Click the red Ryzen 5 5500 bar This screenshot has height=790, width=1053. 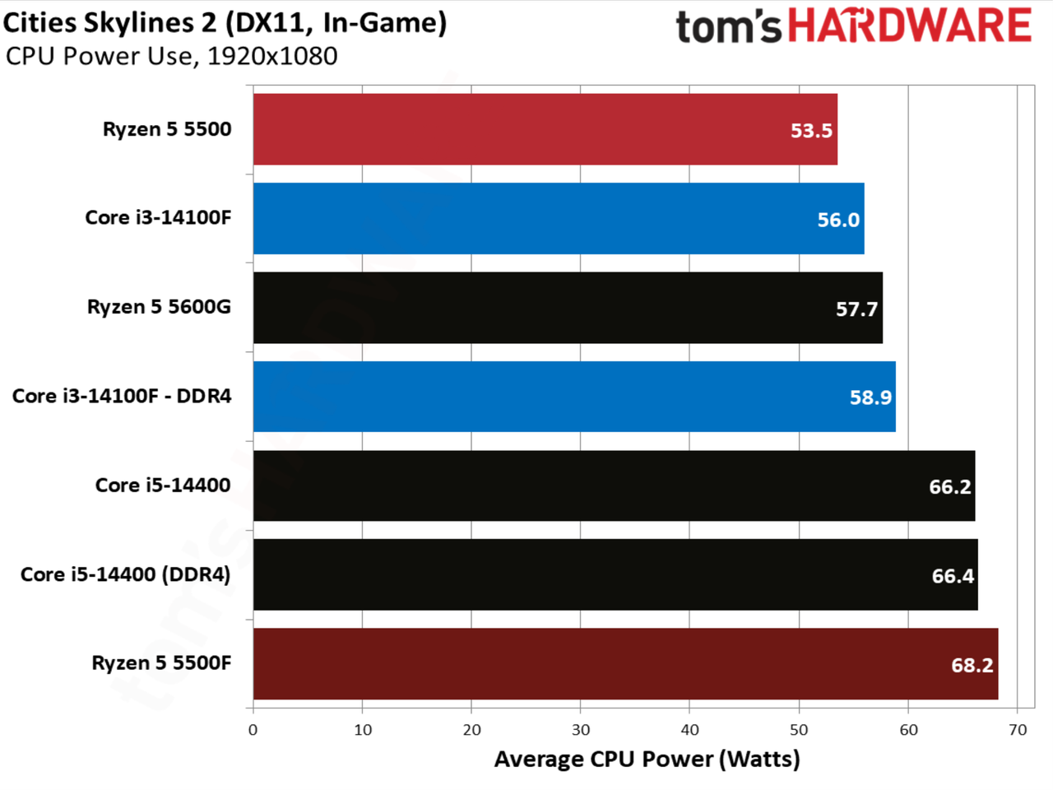coord(545,129)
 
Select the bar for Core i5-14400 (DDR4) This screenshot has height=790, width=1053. coord(615,574)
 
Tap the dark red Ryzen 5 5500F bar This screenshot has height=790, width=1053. coord(625,664)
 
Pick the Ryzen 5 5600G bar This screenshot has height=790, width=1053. coord(568,308)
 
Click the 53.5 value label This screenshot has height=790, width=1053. coord(811,131)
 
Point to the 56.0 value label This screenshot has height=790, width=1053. coord(838,220)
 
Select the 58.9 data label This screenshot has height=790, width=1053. coord(870,397)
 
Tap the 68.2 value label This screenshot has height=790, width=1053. coord(972,665)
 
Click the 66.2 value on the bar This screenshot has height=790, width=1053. coord(950,487)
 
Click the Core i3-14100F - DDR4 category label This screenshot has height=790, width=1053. coord(122,396)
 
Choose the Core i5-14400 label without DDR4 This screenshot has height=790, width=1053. coord(163,486)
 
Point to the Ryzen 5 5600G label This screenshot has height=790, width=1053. coord(160,307)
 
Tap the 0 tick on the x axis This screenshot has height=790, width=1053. coord(253,730)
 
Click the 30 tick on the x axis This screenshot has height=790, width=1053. coord(581,730)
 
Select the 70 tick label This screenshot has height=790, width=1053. coord(1018,730)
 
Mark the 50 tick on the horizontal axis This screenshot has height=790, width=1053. coord(800,730)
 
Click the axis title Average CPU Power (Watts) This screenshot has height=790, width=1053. coord(647,760)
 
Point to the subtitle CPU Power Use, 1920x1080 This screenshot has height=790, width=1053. coord(171,57)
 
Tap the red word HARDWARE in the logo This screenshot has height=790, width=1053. coord(910,25)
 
